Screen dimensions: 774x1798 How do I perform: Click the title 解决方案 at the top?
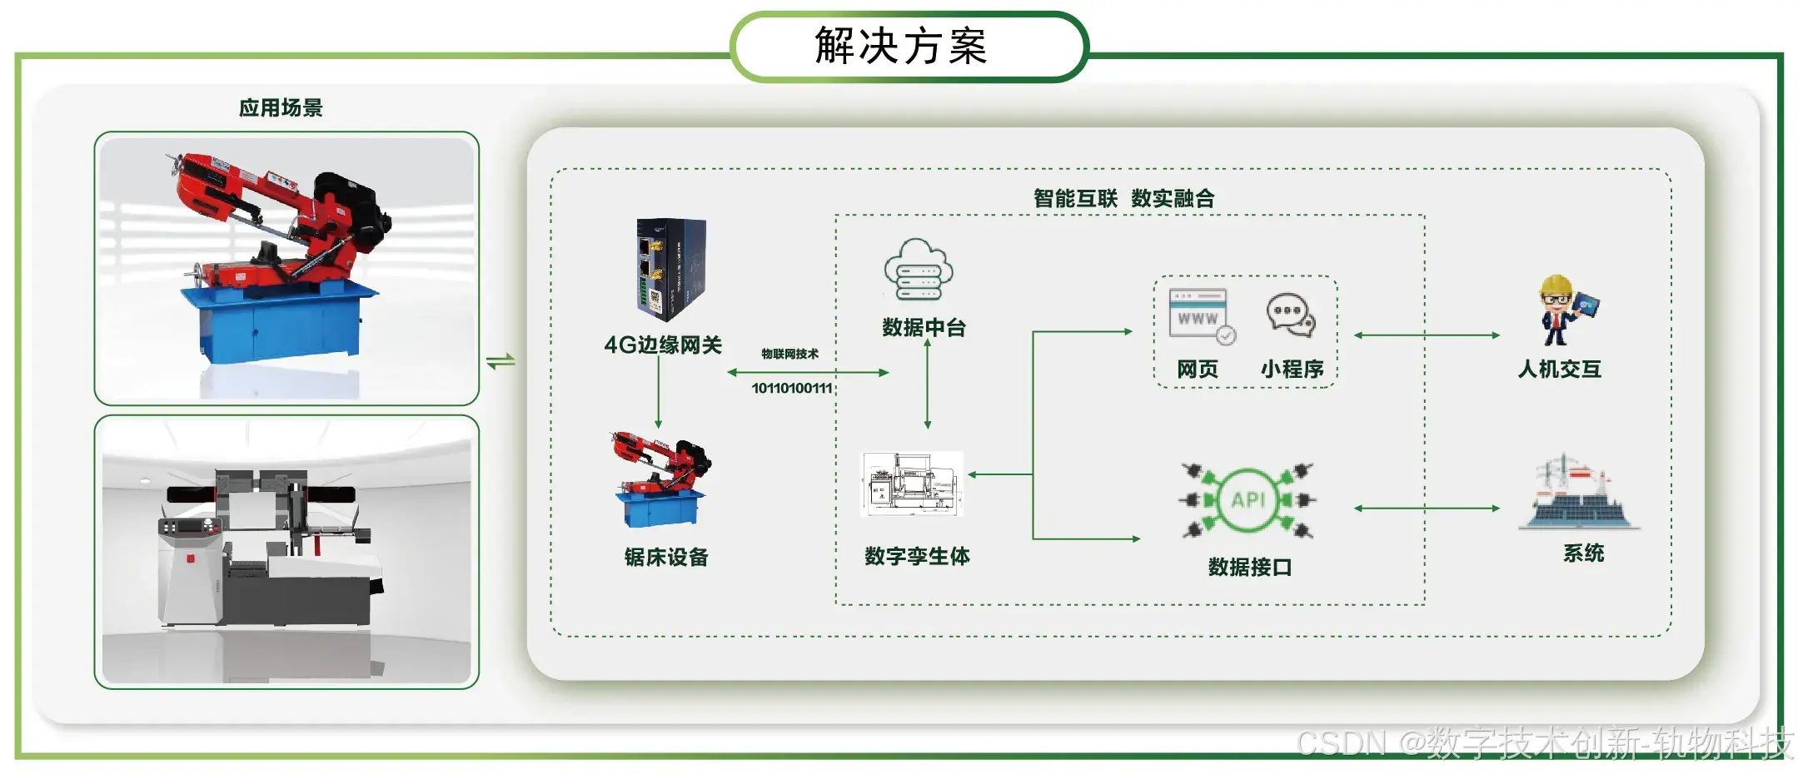900,46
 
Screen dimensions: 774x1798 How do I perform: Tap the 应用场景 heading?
281,108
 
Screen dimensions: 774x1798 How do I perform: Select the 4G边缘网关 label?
663,345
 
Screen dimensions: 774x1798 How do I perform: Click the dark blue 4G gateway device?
671,269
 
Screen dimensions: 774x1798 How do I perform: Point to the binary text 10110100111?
791,388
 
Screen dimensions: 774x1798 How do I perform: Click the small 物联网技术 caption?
789,354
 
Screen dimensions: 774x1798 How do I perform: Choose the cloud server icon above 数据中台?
918,270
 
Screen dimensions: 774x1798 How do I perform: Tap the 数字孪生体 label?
917,556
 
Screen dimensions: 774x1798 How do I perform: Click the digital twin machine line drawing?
911,484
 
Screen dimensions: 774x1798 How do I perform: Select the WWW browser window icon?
1200,315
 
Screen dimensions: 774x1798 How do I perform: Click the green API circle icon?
1248,499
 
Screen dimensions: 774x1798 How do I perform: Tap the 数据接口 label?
1249,568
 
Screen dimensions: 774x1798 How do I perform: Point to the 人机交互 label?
1559,369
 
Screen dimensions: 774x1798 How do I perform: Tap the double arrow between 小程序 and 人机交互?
1427,335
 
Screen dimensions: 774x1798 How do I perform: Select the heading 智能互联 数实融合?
1123,198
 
